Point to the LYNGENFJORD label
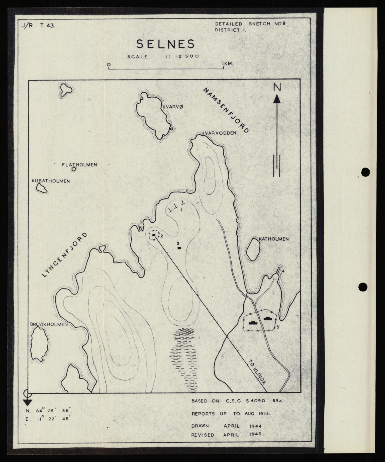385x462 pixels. [x=65, y=255]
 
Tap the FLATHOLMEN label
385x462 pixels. [x=79, y=165]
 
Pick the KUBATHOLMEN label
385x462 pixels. [x=51, y=181]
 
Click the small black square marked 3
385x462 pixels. [x=179, y=248]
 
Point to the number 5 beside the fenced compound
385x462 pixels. [x=278, y=327]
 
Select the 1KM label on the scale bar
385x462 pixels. [x=228, y=64]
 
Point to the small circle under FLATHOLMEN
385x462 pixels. [x=73, y=169]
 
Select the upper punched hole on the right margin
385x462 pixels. [x=366, y=172]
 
